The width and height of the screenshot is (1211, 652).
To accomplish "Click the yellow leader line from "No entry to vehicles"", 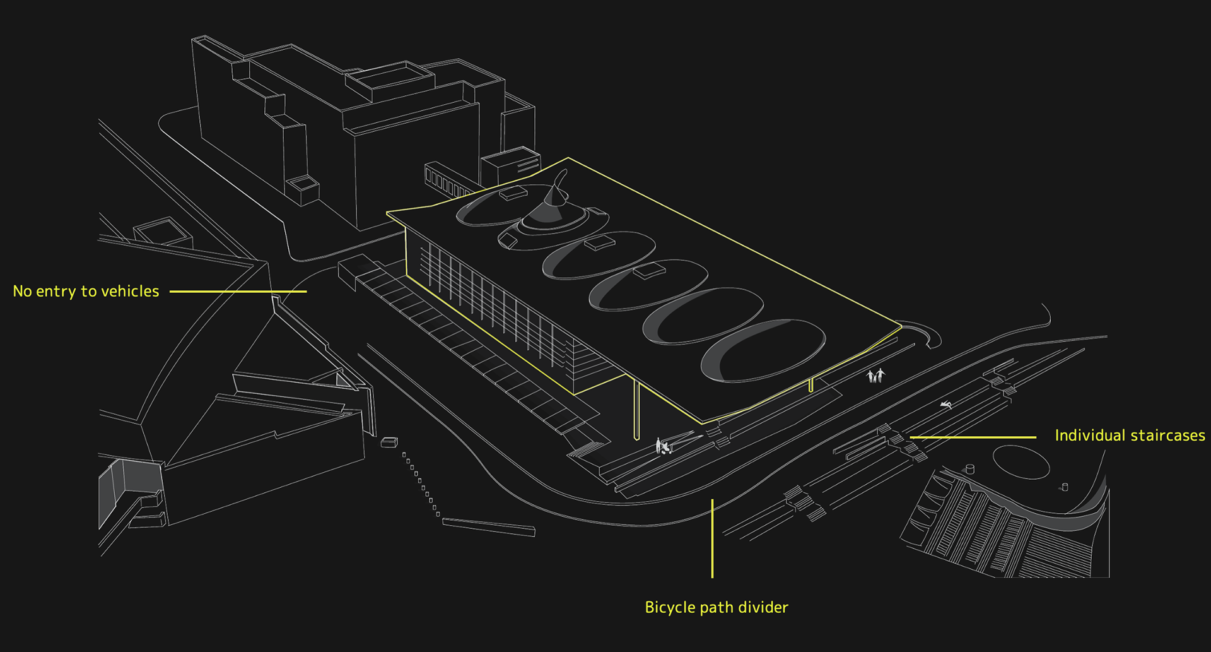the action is (238, 292).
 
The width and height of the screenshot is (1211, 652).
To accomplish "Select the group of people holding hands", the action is (875, 376).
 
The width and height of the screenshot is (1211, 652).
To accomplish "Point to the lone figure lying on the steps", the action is (945, 405).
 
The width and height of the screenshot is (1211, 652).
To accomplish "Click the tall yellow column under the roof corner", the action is (636, 410).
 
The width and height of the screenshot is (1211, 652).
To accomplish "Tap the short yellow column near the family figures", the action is (811, 386).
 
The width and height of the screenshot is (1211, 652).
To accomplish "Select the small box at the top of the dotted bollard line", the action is (389, 442).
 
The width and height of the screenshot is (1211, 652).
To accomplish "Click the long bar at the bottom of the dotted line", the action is (489, 526).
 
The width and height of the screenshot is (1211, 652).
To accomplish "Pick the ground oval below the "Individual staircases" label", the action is (1021, 462).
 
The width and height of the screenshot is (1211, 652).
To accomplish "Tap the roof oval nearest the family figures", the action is (763, 351).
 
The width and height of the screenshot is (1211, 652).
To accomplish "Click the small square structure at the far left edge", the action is (163, 232).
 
